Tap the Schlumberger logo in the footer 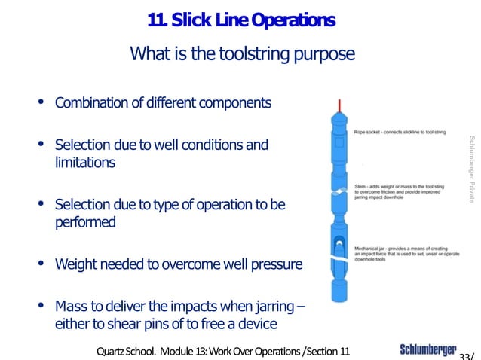coord(427,350)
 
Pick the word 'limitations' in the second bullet coord(84,162)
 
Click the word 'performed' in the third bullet coord(84,222)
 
